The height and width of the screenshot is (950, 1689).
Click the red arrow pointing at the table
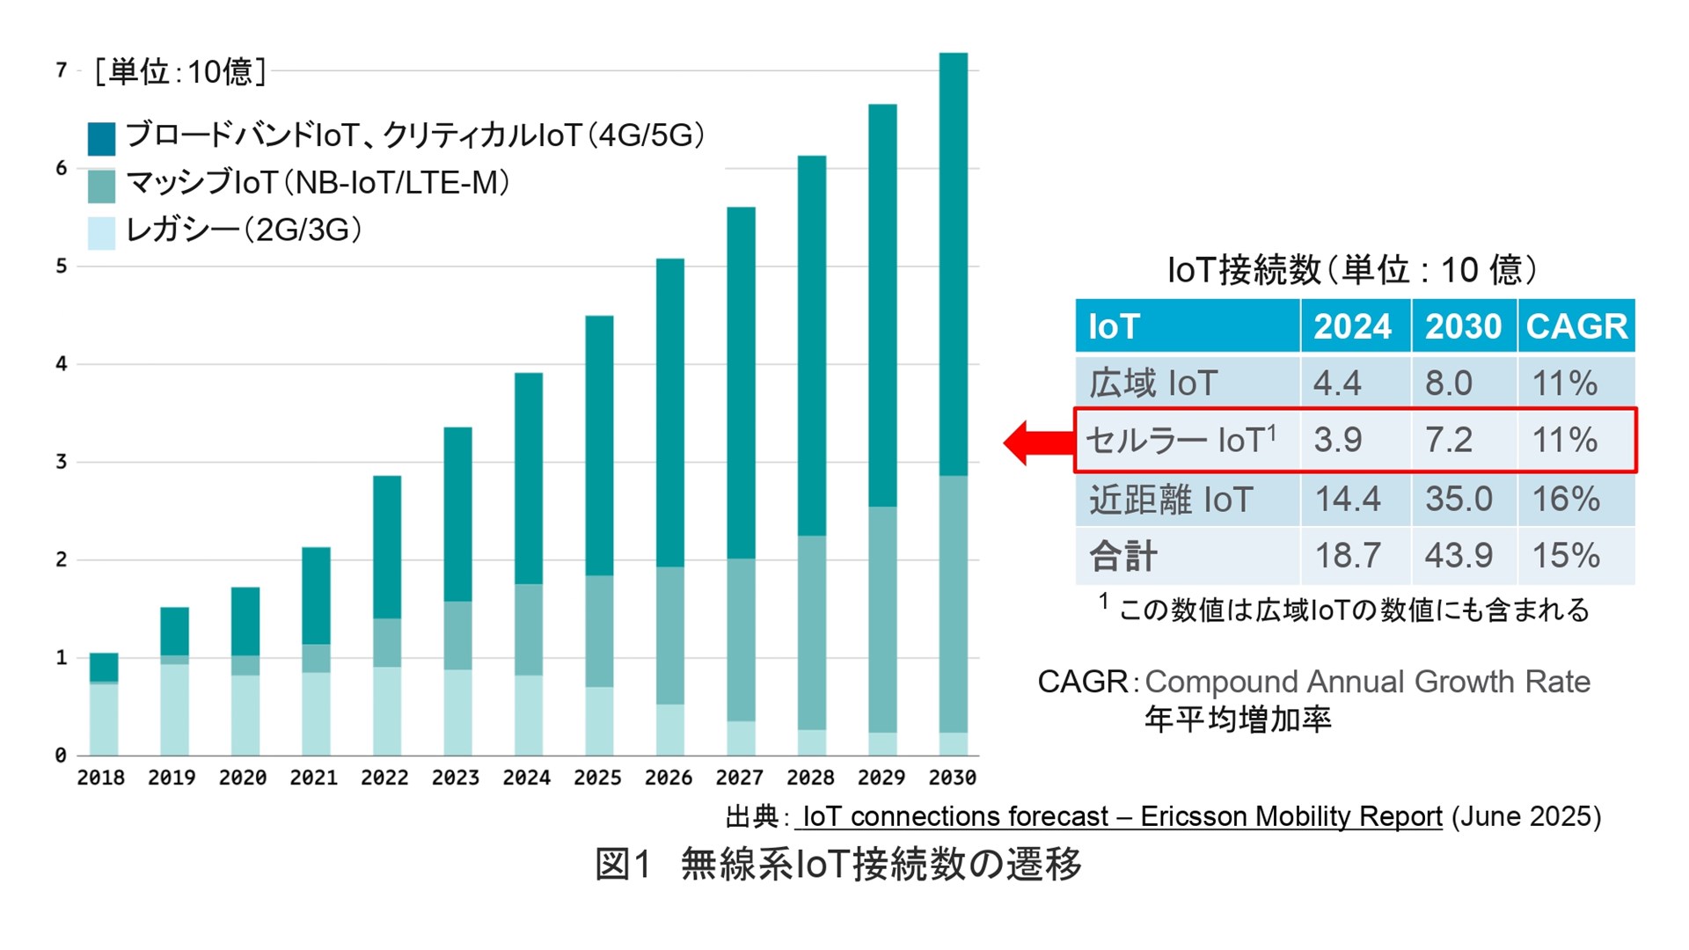[1036, 442]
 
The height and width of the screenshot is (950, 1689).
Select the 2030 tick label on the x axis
[953, 778]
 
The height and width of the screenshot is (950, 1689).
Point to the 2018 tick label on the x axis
[101, 778]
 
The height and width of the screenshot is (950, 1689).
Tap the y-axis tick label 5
[61, 266]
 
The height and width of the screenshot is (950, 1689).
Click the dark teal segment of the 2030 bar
[954, 264]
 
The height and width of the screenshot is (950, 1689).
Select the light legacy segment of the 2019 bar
[174, 709]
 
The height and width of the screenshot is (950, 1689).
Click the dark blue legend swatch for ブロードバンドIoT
[102, 139]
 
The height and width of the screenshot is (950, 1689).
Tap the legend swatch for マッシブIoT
[102, 186]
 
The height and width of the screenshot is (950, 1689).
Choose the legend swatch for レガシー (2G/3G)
[102, 233]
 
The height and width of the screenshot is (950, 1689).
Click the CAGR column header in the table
[1576, 326]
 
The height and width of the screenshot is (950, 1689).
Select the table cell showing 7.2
[1449, 440]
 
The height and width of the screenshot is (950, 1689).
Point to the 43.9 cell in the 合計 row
[1459, 555]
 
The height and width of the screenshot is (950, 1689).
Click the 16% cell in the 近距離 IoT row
[1566, 499]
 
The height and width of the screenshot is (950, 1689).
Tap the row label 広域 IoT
[1153, 384]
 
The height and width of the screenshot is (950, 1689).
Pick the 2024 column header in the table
[1353, 326]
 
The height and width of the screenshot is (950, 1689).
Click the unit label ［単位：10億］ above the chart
[180, 72]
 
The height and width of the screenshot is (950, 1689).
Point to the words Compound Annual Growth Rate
[1367, 682]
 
